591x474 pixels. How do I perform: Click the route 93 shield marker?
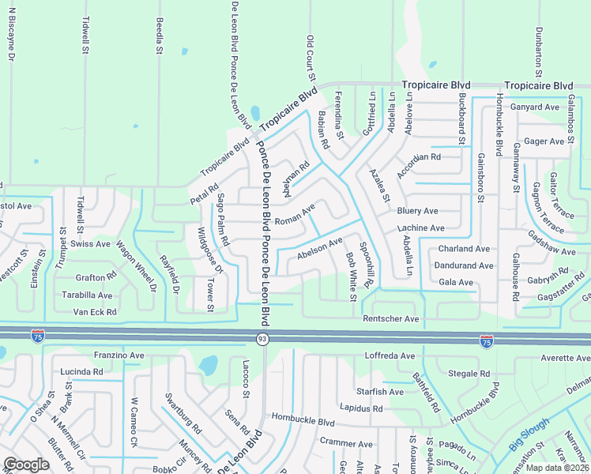tap(261, 338)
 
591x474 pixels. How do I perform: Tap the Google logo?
tap(26, 465)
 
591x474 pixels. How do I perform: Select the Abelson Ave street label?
tap(319, 249)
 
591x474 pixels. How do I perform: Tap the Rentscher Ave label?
tap(390, 318)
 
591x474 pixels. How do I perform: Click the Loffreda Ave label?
tap(390, 356)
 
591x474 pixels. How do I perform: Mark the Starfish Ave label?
tap(379, 392)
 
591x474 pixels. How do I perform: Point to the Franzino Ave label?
tap(119, 355)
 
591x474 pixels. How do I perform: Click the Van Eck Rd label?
tap(95, 312)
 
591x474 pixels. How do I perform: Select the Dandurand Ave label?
tap(465, 265)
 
